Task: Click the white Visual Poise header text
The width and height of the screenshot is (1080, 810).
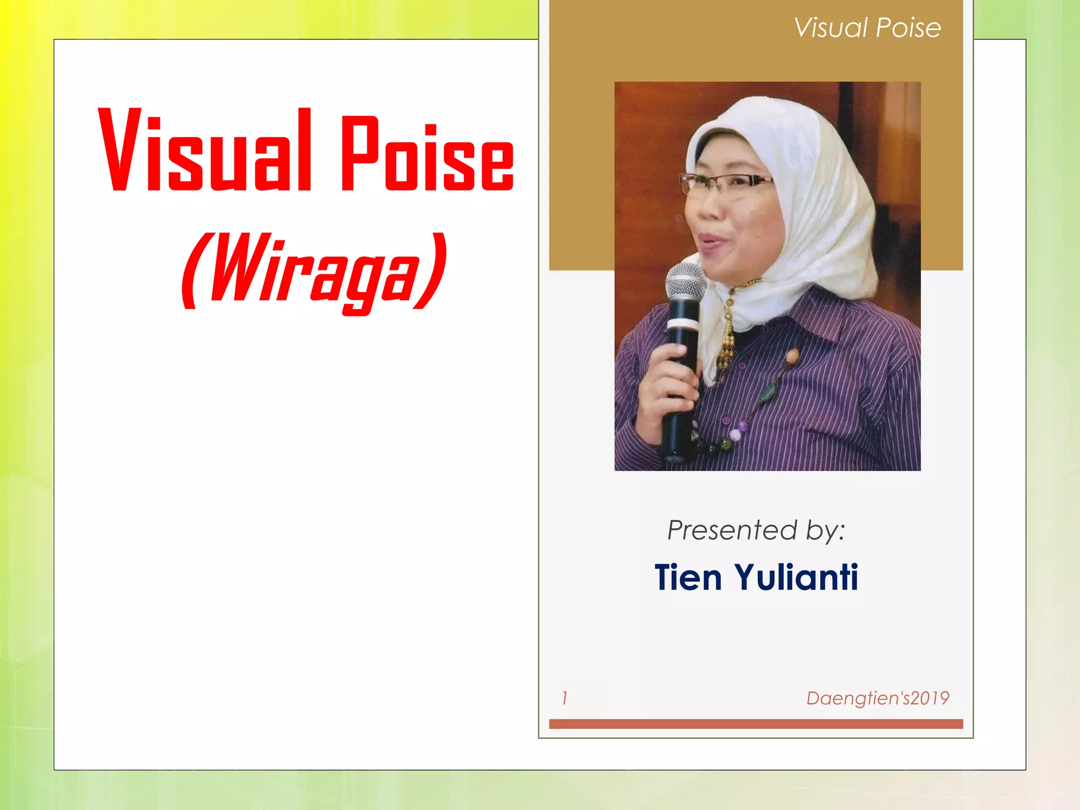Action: (x=867, y=27)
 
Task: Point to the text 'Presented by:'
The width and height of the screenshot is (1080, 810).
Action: (x=756, y=530)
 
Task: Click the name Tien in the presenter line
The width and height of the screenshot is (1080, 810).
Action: (x=688, y=577)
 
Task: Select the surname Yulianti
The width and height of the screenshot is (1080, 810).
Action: (x=796, y=577)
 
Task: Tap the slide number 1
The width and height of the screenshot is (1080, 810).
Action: (x=564, y=698)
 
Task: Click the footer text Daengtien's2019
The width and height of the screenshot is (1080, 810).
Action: (x=877, y=698)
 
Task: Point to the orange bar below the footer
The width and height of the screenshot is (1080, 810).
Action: (x=756, y=724)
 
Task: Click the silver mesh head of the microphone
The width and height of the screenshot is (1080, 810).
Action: (x=686, y=282)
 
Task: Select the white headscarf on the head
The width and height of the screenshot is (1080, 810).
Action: (x=823, y=174)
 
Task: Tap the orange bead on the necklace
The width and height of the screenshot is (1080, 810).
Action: (x=792, y=356)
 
